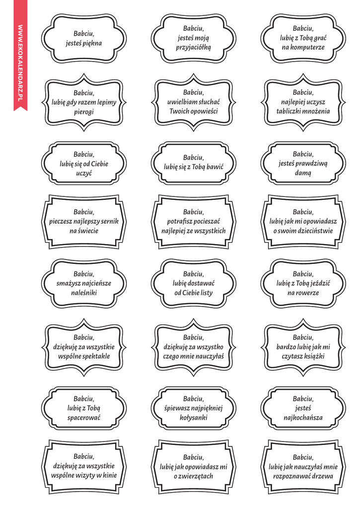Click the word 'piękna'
92,43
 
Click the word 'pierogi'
84,112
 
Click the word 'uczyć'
84,174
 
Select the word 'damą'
303,174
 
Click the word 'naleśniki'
84,293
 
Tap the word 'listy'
204,293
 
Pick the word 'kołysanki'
193,418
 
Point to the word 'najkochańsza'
303,418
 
